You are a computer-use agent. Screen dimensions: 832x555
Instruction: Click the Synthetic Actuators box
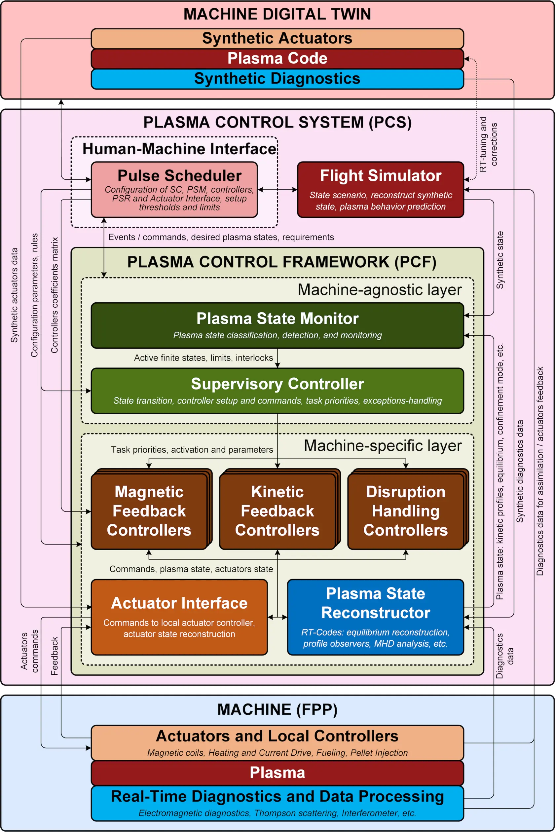tap(277, 38)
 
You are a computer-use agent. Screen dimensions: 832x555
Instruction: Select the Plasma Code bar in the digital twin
tap(277, 58)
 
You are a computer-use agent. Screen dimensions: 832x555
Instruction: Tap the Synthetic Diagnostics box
tap(277, 79)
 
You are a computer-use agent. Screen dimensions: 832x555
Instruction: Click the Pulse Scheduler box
tap(174, 190)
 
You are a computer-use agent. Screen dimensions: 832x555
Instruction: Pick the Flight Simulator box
tap(381, 190)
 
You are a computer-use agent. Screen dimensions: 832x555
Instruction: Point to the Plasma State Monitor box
tap(277, 325)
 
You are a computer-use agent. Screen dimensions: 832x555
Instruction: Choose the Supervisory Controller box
tap(277, 391)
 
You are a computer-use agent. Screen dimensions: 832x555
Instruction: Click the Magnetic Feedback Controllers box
tap(149, 511)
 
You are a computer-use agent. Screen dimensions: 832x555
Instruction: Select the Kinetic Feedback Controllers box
tap(277, 511)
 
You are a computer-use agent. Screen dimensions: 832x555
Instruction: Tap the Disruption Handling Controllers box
tap(405, 511)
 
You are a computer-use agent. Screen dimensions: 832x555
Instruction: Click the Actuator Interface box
tap(179, 617)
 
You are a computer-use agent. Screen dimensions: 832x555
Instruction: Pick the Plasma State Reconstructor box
tap(375, 617)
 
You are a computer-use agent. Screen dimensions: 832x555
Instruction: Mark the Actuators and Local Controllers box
tap(277, 742)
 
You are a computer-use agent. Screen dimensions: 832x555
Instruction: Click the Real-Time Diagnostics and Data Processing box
tap(277, 803)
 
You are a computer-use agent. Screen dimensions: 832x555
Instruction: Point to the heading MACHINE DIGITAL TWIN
tap(277, 14)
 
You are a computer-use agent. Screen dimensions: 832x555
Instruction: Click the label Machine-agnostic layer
tap(380, 289)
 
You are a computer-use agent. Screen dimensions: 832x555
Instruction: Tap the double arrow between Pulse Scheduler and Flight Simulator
tap(277, 189)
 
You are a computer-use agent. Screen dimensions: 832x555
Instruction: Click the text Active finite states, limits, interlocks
tap(203, 358)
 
